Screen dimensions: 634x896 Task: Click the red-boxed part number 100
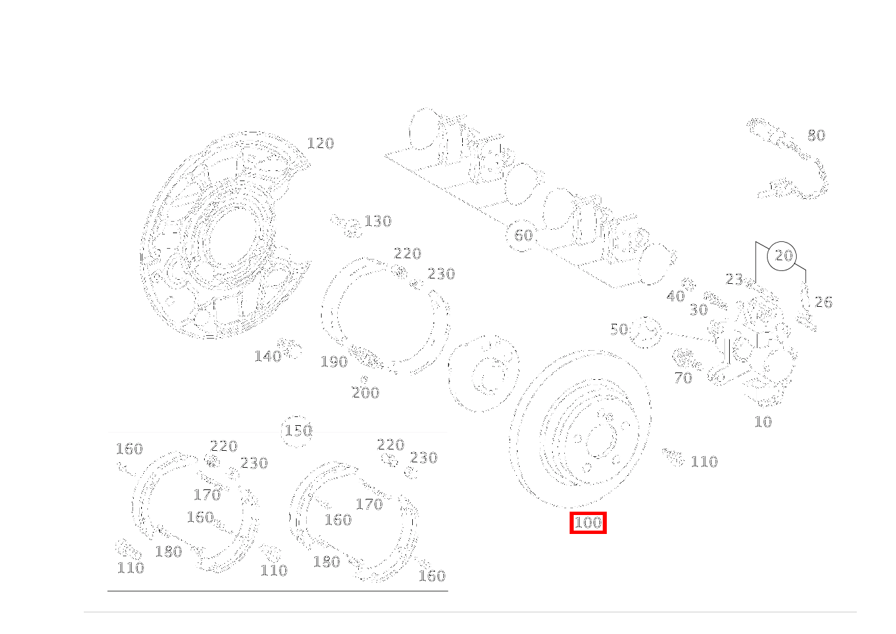pyautogui.click(x=588, y=522)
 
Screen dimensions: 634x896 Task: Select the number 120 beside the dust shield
pyautogui.click(x=320, y=143)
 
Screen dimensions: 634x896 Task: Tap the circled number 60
pyautogui.click(x=523, y=236)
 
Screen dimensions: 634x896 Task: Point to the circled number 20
pyautogui.click(x=783, y=256)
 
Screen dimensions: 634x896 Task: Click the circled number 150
pyautogui.click(x=298, y=431)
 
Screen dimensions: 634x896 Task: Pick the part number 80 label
pyautogui.click(x=816, y=136)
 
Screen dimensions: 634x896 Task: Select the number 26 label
pyautogui.click(x=823, y=302)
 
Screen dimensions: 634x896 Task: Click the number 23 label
pyautogui.click(x=735, y=279)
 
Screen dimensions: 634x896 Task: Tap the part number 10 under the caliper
pyautogui.click(x=762, y=422)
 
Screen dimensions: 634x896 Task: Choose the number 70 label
pyautogui.click(x=683, y=379)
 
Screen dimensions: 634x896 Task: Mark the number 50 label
pyautogui.click(x=619, y=330)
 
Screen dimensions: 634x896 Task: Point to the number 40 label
pyautogui.click(x=675, y=297)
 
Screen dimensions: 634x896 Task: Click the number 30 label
pyautogui.click(x=698, y=310)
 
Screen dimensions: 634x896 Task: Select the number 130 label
pyautogui.click(x=378, y=222)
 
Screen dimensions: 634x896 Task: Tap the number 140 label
pyautogui.click(x=267, y=357)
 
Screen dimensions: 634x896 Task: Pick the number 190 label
pyautogui.click(x=334, y=362)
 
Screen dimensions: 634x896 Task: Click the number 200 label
pyautogui.click(x=366, y=393)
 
